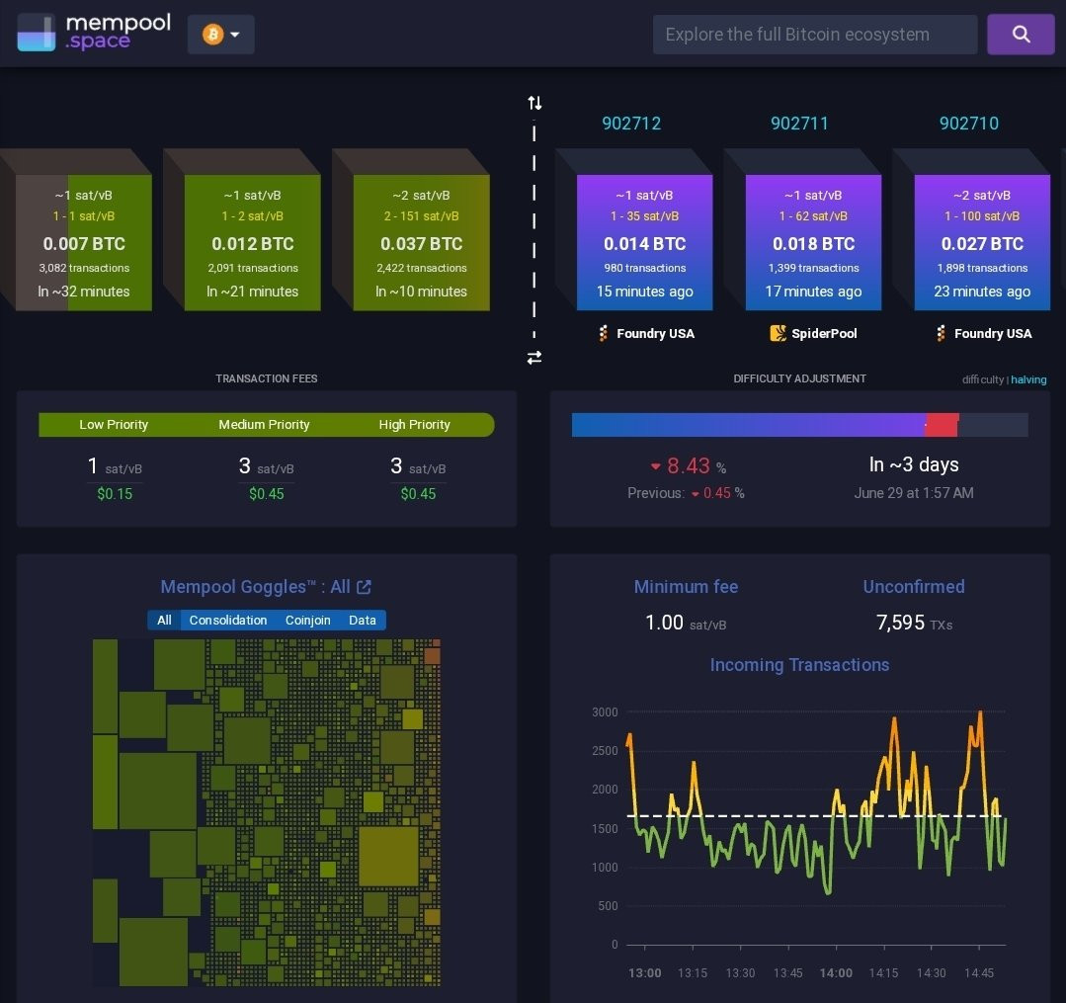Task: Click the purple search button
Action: pos(1021,34)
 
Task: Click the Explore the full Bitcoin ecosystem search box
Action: pos(814,34)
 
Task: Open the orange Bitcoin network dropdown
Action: pos(221,34)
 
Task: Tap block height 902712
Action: pos(631,124)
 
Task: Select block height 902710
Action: pos(969,124)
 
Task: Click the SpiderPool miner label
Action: pos(813,333)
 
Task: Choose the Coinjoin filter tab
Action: pos(307,621)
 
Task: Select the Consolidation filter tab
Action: pos(228,621)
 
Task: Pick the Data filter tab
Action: pos(363,621)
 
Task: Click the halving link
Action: pos(1028,379)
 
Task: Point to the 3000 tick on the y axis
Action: pos(605,711)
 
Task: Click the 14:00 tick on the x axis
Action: pos(836,973)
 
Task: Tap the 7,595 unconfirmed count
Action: pos(900,623)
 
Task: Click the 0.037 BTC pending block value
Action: pos(422,243)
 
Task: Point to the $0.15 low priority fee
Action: pos(115,494)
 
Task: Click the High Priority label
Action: pos(414,424)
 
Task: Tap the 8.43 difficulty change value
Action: pos(688,465)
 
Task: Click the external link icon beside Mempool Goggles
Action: pos(365,587)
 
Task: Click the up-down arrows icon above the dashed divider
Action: pos(535,103)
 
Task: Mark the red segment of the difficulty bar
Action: pos(943,424)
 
